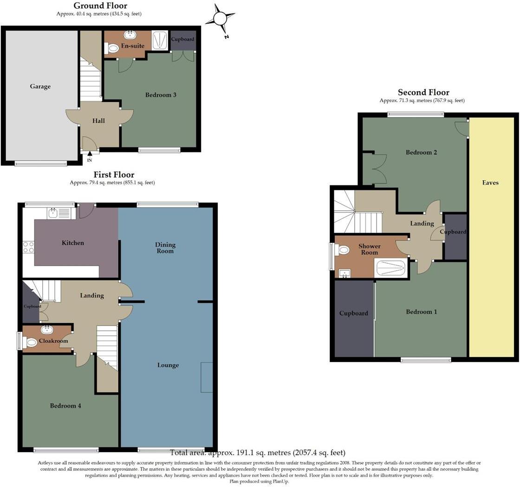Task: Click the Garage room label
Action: pyautogui.click(x=40, y=86)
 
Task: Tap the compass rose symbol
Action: pyautogui.click(x=219, y=19)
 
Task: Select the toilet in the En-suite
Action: pyautogui.click(x=112, y=48)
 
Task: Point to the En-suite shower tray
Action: pyautogui.click(x=159, y=40)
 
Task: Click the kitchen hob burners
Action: pyautogui.click(x=28, y=247)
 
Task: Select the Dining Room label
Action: pyautogui.click(x=165, y=248)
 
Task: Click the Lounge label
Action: pyautogui.click(x=168, y=365)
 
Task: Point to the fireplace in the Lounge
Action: pyautogui.click(x=207, y=377)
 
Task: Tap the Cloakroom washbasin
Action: pyautogui.click(x=47, y=330)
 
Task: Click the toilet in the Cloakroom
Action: pyautogui.click(x=30, y=343)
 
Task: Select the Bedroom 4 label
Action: pyautogui.click(x=65, y=406)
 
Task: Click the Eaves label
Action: pyautogui.click(x=490, y=182)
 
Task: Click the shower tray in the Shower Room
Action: pyautogui.click(x=390, y=268)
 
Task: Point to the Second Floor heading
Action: pyautogui.click(x=423, y=92)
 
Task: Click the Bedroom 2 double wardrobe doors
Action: pyautogui.click(x=375, y=169)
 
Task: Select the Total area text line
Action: pyautogui.click(x=258, y=453)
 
